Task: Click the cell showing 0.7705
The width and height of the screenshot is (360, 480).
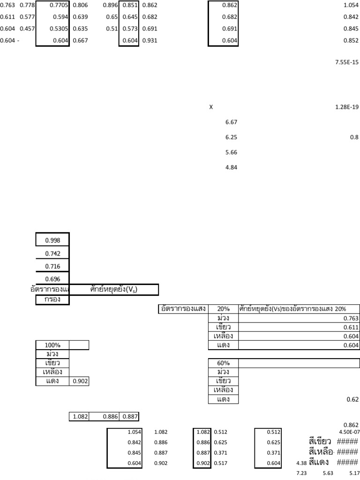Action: [59, 5]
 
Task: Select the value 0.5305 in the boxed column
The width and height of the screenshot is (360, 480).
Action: [59, 30]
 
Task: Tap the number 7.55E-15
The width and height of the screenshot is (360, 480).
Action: [347, 62]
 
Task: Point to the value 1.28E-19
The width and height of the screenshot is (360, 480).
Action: [347, 107]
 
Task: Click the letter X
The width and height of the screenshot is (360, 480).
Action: [211, 107]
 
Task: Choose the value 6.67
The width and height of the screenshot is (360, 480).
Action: [232, 122]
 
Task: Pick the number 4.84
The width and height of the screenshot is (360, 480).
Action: [232, 167]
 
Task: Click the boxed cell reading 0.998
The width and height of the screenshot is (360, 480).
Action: [52, 240]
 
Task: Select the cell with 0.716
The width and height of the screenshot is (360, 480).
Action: [52, 266]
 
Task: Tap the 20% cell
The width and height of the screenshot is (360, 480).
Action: [223, 309]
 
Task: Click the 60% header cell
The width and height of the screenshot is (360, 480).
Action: [223, 363]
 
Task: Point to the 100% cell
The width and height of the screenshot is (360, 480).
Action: [52, 345]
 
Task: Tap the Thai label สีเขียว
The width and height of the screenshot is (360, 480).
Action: [317, 442]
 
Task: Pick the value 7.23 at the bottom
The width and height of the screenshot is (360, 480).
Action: [301, 474]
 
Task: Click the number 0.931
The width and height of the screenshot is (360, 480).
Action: [150, 41]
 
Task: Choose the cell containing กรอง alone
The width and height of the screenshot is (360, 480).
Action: [52, 300]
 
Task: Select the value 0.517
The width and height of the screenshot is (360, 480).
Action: [220, 463]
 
